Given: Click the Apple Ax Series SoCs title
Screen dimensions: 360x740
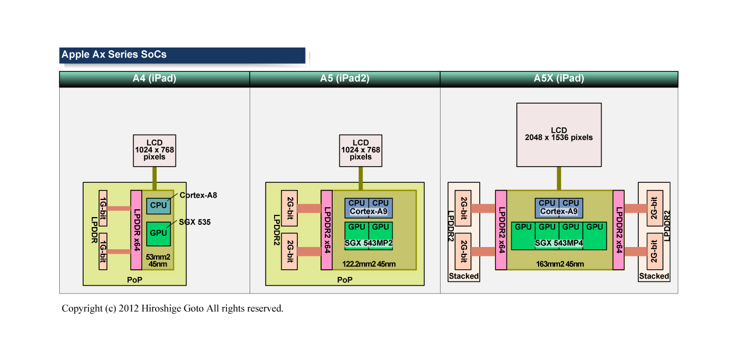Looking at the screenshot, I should (x=114, y=55).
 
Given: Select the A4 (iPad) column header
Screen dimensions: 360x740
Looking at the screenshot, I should (x=154, y=79).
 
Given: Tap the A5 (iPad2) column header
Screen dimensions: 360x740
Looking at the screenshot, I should (x=344, y=79).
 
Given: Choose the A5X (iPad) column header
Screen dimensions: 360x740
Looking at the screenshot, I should (x=558, y=79).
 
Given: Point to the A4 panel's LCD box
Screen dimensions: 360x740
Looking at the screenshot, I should (x=154, y=150).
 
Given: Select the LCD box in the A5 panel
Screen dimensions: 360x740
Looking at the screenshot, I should (x=360, y=150).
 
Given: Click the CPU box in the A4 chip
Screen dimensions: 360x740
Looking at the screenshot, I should (x=158, y=205).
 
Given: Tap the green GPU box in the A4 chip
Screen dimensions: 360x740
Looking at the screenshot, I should (x=158, y=233).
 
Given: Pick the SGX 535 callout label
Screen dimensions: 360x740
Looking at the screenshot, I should (x=195, y=222).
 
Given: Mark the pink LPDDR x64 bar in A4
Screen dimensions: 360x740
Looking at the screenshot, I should (x=136, y=229).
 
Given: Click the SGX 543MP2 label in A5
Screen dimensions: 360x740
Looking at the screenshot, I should (x=369, y=243).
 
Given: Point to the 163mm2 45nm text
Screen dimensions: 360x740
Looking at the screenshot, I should (x=560, y=264).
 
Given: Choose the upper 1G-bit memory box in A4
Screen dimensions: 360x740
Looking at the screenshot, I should (x=102, y=208).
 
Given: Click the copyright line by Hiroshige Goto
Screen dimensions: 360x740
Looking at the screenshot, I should (x=172, y=308).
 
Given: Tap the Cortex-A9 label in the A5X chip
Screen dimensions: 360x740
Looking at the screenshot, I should (x=558, y=212).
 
